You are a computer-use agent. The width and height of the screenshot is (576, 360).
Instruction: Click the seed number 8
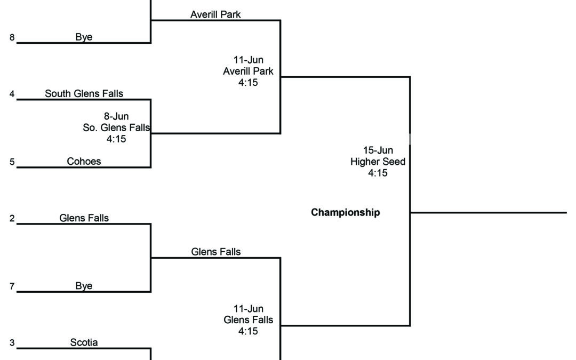point(12,38)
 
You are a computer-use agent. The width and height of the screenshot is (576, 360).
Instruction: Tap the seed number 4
point(12,94)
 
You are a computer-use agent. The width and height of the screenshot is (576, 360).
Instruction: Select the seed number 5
point(12,162)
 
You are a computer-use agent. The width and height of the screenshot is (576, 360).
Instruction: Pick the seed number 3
point(12,343)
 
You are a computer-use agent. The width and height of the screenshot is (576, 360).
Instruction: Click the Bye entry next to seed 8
point(84,37)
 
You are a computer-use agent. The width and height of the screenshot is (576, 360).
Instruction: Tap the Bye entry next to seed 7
point(84,286)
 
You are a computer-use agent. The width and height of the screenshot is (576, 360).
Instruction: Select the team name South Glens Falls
point(84,93)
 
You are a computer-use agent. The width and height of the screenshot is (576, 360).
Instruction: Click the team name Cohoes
point(84,161)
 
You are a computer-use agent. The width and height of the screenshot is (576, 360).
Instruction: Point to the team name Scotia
point(84,342)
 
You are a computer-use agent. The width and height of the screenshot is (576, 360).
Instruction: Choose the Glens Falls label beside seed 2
point(84,218)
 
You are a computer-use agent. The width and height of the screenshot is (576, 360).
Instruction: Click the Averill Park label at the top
point(215,14)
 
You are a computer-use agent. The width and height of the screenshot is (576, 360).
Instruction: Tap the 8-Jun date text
point(116,116)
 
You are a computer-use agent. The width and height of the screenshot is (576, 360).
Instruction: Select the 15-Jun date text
point(378,150)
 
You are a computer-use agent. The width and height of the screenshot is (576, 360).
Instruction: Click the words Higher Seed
point(378,162)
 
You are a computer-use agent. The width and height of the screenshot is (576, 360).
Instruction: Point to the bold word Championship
point(346,212)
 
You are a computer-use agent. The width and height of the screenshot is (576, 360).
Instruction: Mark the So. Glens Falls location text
point(116,127)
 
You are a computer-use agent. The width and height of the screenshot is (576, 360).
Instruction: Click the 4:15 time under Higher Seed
point(378,173)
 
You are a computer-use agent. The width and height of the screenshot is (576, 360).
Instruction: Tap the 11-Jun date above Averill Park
point(248,60)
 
